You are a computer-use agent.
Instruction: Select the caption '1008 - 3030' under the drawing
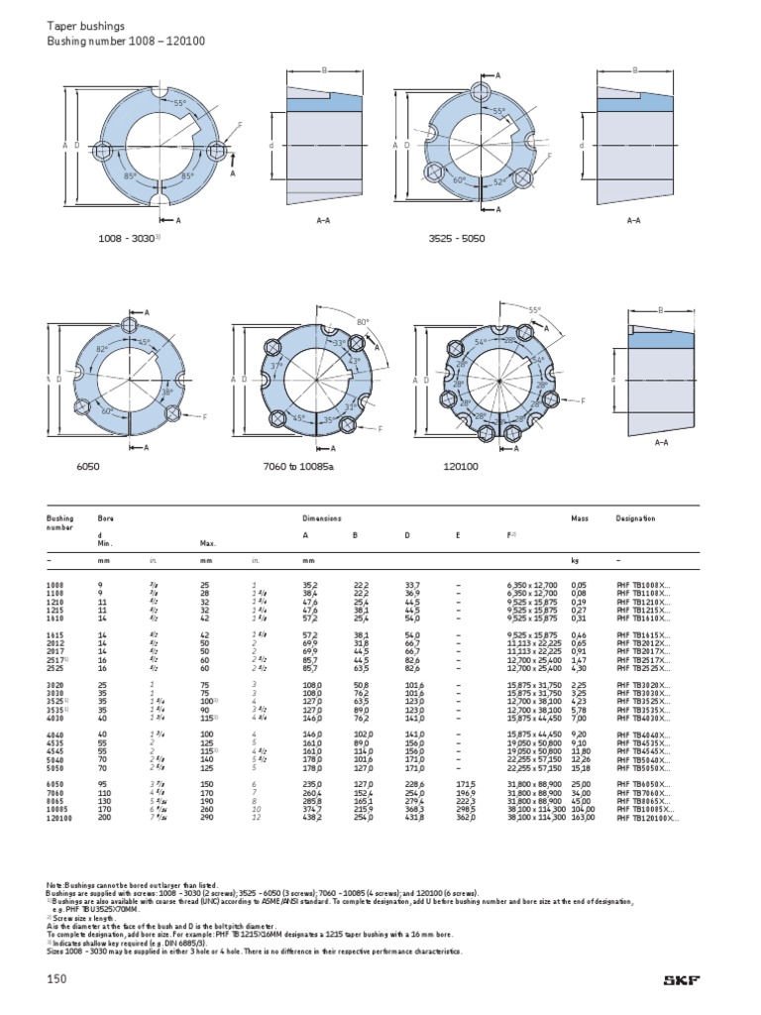point(129,239)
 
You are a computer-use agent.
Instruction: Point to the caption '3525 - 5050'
point(456,239)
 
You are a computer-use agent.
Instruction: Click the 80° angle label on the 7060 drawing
point(362,322)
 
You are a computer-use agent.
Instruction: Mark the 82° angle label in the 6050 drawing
point(102,350)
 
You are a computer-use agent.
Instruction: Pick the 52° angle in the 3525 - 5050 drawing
point(473,181)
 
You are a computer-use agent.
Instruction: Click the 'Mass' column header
point(580,518)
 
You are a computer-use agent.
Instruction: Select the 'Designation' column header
point(635,518)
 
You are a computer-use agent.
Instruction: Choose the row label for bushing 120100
point(60,820)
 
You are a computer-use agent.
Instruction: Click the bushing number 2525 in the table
point(54,668)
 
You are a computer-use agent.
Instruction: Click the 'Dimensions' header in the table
point(322,518)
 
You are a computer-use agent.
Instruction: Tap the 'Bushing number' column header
point(60,522)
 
